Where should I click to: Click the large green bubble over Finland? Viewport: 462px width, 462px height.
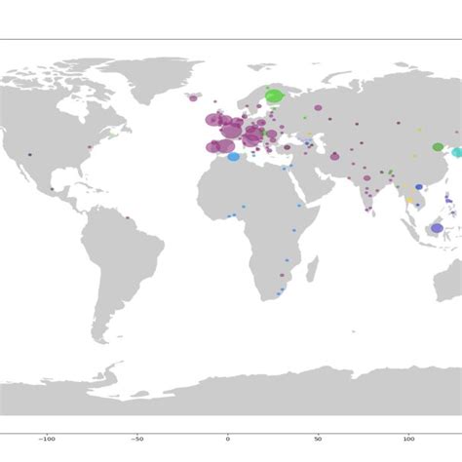(275, 96)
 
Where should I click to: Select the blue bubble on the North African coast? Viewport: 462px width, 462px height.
(234, 156)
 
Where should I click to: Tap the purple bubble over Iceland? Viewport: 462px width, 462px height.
(193, 97)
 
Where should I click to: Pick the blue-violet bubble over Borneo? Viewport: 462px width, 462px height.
(438, 228)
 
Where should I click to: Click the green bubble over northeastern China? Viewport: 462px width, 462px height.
(438, 147)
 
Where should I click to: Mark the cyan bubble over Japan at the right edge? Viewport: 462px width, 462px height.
(456, 153)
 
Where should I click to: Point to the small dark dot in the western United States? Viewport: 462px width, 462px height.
(29, 155)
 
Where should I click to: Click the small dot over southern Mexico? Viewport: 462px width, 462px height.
(52, 189)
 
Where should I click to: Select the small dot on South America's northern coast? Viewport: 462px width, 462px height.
(127, 218)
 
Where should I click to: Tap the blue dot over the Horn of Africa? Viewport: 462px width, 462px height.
(299, 206)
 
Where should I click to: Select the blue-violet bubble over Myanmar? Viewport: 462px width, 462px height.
(419, 187)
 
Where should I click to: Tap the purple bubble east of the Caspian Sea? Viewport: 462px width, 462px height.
(335, 156)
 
